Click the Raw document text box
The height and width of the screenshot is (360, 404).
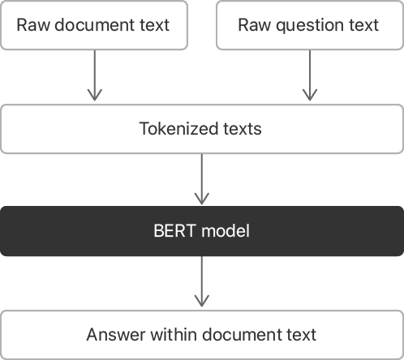pyautogui.click(x=93, y=24)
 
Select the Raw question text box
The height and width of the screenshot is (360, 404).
pyautogui.click(x=308, y=24)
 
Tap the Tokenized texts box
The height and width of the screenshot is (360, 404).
pyautogui.click(x=201, y=128)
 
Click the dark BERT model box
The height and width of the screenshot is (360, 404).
pyautogui.click(x=201, y=231)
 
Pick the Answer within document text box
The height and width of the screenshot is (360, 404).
pyautogui.click(x=201, y=334)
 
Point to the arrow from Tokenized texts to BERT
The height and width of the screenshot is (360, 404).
pyautogui.click(x=201, y=179)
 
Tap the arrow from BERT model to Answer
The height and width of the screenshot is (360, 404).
pyautogui.click(x=201, y=282)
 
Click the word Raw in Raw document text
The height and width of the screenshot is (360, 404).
pyautogui.click(x=32, y=24)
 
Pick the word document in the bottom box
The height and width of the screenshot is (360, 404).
pyautogui.click(x=243, y=334)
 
